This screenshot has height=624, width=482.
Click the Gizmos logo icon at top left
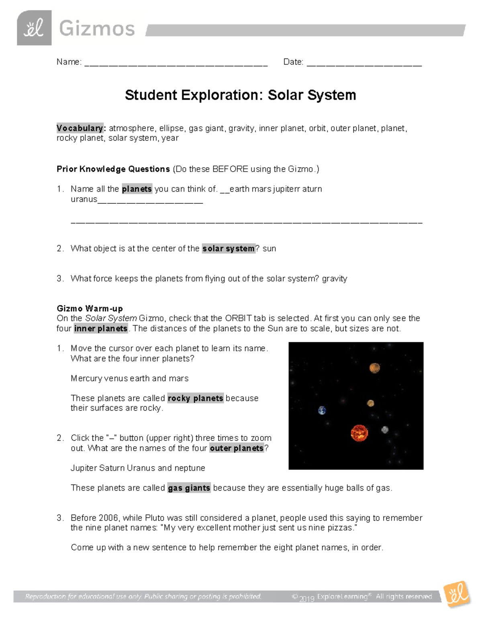[34, 28]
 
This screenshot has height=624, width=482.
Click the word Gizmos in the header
[97, 29]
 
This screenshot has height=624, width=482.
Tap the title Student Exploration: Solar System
[240, 95]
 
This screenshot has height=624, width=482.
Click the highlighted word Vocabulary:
[81, 128]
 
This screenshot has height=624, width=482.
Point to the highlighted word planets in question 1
[137, 189]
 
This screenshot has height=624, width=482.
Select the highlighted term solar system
[228, 249]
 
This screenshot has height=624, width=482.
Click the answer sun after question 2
[269, 249]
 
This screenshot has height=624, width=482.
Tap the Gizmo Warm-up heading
[90, 309]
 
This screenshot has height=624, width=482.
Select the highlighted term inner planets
[101, 329]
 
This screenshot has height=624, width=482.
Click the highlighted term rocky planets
[195, 398]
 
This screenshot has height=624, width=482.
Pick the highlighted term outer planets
[237, 448]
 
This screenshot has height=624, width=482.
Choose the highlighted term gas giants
[189, 488]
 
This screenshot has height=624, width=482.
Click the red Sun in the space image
[359, 433]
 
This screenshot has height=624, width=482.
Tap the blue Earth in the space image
[322, 410]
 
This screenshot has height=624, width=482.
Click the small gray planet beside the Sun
[385, 430]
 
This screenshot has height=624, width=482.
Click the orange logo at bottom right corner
[457, 594]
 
